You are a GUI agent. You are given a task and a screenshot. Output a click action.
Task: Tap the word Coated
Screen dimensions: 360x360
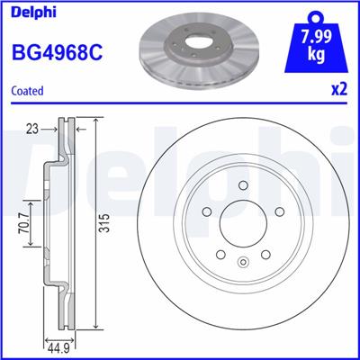(28, 90)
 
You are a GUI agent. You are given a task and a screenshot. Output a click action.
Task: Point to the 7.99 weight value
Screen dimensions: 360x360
(322, 39)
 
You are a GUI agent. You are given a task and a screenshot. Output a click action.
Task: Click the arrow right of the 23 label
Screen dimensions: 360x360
(50, 129)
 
